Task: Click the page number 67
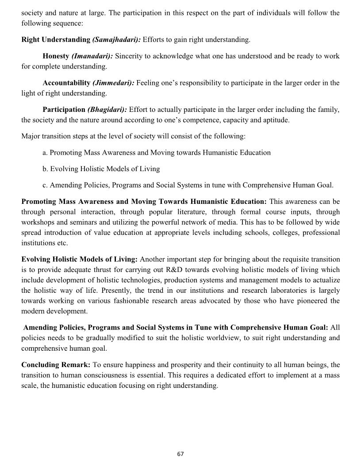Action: tap(180, 454)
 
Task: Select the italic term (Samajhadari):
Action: tap(116, 40)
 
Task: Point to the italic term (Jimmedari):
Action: tap(113, 83)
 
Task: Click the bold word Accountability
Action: tap(66, 83)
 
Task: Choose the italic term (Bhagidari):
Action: tap(107, 109)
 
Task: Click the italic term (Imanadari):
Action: tap(92, 56)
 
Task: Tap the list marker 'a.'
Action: tap(45, 153)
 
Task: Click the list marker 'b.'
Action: tap(46, 169)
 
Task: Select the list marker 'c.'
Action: tap(45, 185)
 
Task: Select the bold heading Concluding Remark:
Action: tap(56, 365)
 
